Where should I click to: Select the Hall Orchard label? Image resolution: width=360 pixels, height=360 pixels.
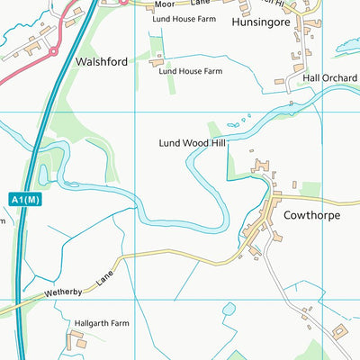[x=330, y=78]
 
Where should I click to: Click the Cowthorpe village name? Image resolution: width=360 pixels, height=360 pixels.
[x=312, y=216]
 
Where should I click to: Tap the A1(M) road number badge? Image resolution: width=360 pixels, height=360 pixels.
[x=26, y=199]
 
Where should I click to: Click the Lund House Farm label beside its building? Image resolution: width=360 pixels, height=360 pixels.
[x=191, y=70]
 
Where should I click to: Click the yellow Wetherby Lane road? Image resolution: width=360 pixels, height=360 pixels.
[x=162, y=260]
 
